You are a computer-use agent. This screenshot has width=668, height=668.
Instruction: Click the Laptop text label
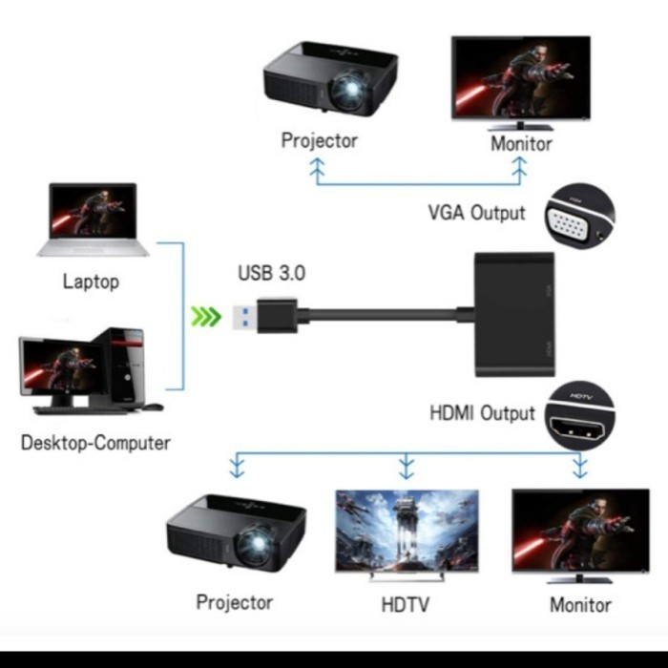tap(91, 282)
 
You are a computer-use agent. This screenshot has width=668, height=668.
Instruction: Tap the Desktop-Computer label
tap(95, 443)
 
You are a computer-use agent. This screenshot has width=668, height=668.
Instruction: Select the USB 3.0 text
tap(271, 273)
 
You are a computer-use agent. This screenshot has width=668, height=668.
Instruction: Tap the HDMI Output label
tap(482, 413)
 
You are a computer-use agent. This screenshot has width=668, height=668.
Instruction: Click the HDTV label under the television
tap(406, 604)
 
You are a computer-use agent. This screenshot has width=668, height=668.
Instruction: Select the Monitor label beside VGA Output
tap(521, 144)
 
